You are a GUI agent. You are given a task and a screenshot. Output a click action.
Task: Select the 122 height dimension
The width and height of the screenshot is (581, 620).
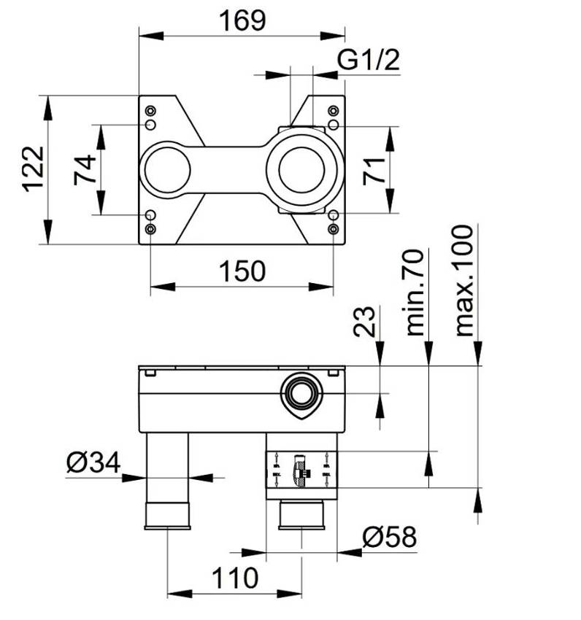[x=34, y=168]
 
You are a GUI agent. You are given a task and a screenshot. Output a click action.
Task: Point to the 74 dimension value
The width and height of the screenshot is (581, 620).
[x=85, y=169]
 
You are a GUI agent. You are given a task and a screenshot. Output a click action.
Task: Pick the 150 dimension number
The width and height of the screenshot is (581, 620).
[x=241, y=271]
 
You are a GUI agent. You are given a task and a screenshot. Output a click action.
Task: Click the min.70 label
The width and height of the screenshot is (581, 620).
[x=415, y=292]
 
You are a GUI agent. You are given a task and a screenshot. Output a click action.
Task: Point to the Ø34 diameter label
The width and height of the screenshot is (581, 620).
[x=93, y=462]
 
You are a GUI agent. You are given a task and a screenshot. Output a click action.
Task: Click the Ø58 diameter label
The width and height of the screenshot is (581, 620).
[x=389, y=538]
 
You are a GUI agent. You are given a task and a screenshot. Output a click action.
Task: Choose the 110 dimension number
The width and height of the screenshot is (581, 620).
[x=236, y=578]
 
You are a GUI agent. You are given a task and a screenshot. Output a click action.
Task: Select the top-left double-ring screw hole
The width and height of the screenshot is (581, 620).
[x=150, y=111]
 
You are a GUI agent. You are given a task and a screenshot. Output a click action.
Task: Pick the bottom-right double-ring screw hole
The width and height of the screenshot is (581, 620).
[x=333, y=229]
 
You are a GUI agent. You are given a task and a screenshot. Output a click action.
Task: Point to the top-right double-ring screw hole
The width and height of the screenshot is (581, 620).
[x=333, y=111]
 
